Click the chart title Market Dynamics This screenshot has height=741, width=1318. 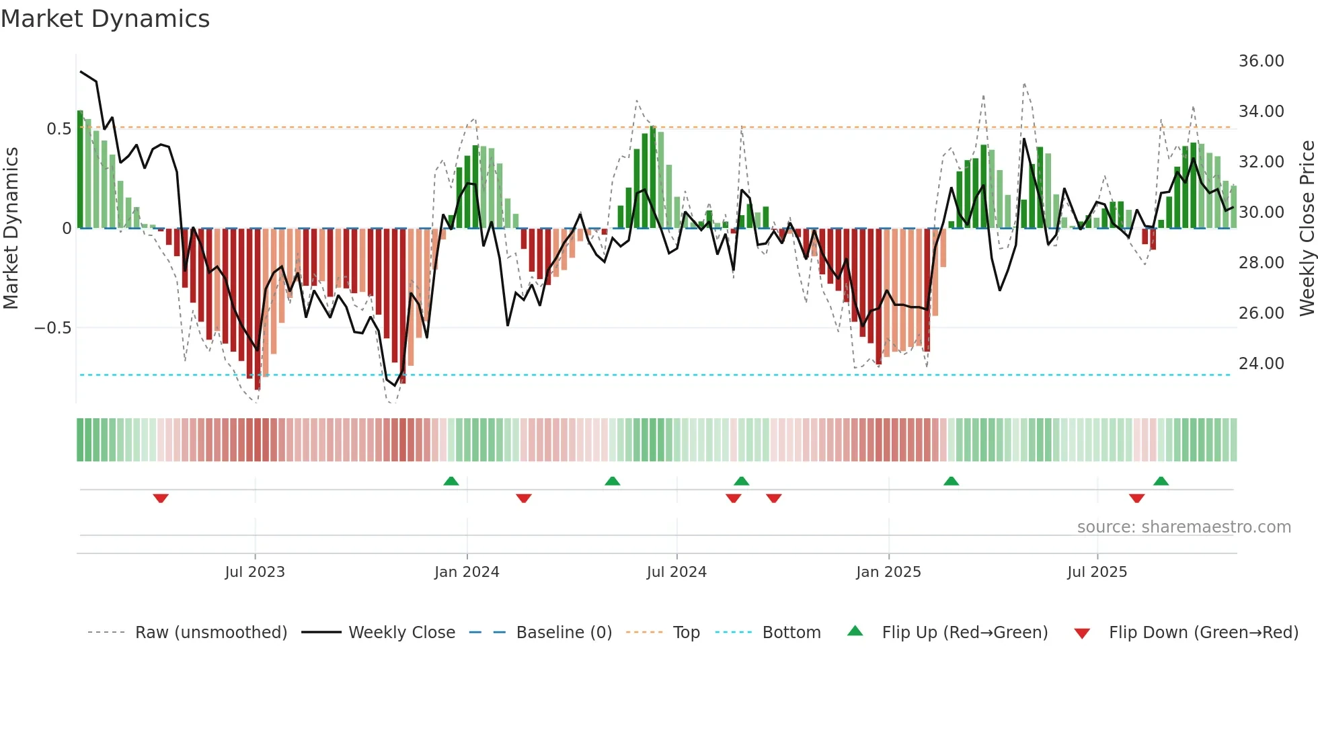tap(105, 19)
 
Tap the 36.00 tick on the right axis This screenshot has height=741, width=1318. tap(1261, 61)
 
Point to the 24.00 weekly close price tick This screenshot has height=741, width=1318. tap(1261, 364)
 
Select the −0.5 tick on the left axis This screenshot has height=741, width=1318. tap(52, 328)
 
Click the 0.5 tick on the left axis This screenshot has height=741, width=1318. tap(59, 128)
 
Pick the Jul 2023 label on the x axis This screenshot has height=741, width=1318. tap(255, 572)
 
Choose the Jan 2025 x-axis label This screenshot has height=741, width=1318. tap(888, 572)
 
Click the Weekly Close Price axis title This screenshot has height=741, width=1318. tap(1307, 229)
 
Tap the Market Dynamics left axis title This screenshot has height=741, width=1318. tap(11, 229)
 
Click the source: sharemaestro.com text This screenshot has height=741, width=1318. tap(1184, 527)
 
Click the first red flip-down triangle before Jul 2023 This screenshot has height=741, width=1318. tap(161, 498)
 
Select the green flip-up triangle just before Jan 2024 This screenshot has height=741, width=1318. tap(451, 481)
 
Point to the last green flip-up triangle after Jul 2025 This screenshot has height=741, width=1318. tap(1161, 481)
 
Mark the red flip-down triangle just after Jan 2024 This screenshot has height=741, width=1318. tap(524, 498)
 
